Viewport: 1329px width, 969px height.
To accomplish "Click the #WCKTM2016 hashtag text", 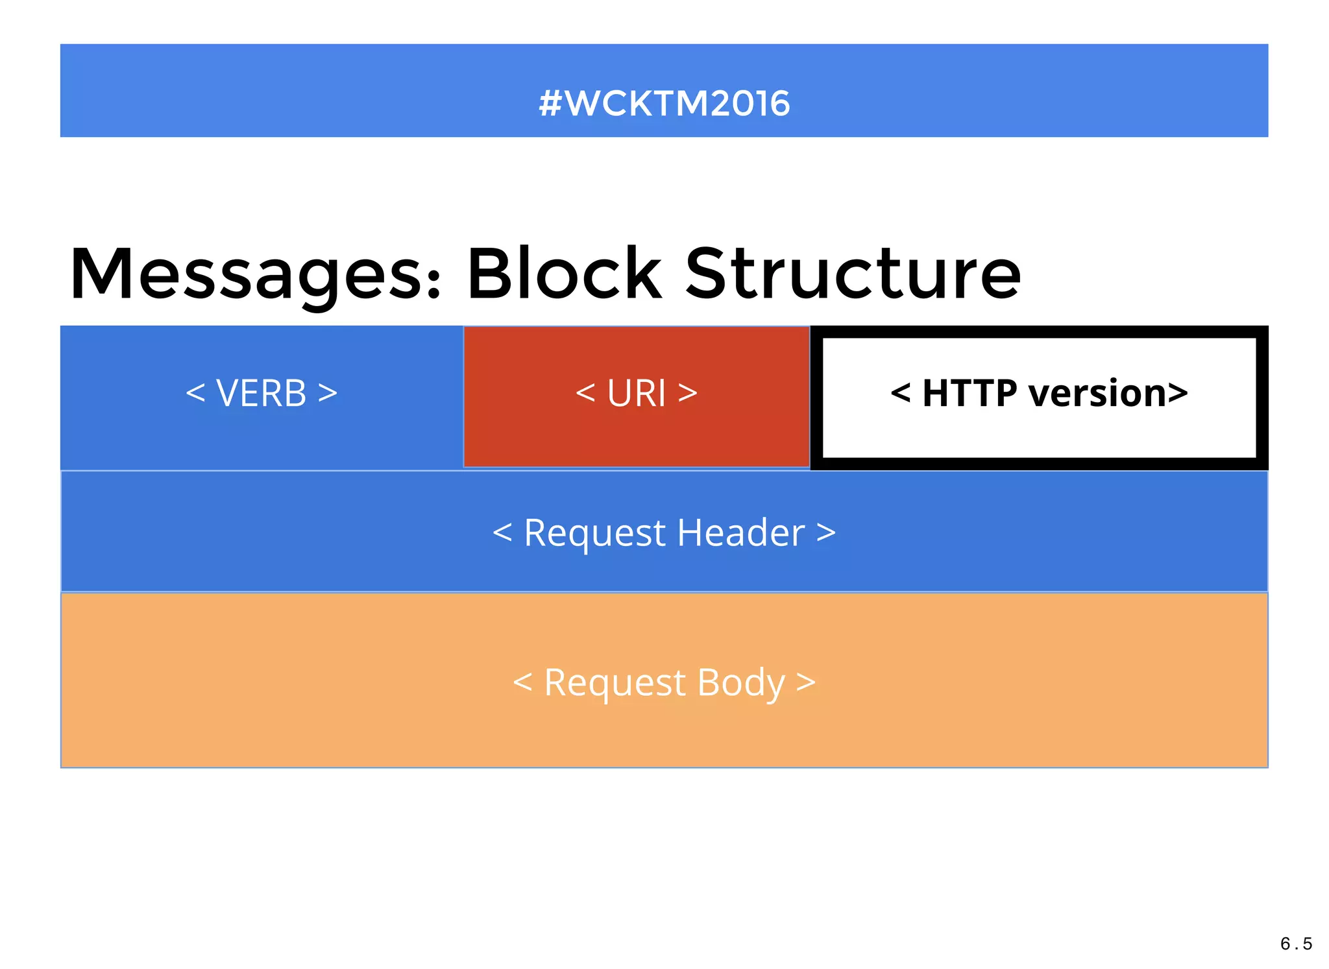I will [664, 104].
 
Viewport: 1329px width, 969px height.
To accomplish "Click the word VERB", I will [261, 393].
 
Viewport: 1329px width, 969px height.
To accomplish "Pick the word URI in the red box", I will [636, 393].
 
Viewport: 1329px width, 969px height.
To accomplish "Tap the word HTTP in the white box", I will [969, 393].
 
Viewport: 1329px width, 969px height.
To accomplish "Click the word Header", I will [740, 533].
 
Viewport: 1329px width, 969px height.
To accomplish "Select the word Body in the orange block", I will [741, 683].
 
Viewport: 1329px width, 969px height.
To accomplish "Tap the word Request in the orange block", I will [615, 683].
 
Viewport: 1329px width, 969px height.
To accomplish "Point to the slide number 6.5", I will [1296, 944].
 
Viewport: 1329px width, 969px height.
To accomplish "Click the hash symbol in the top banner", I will [550, 104].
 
